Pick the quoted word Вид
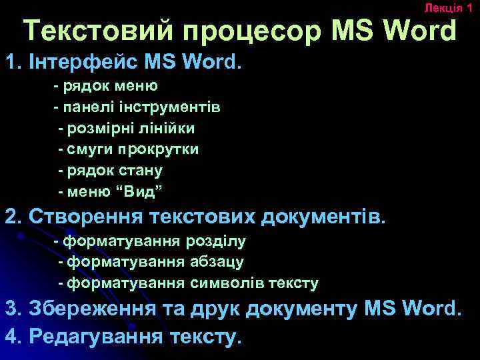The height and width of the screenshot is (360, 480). click(139, 191)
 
